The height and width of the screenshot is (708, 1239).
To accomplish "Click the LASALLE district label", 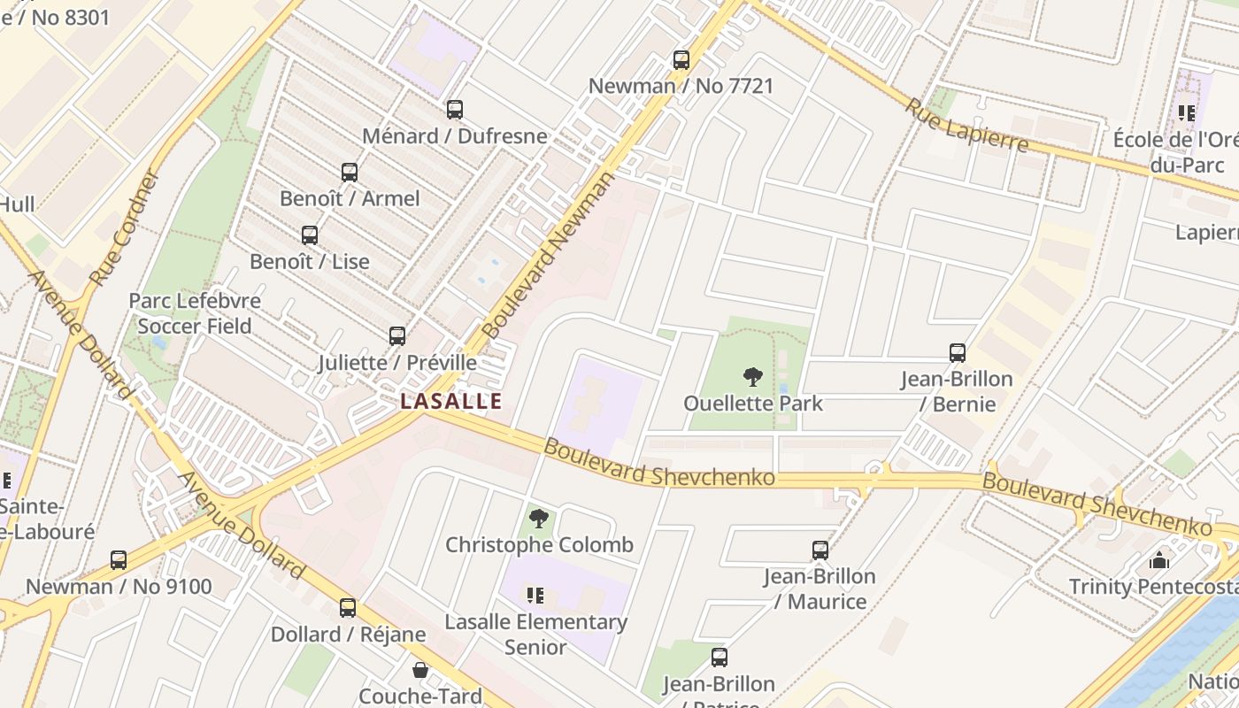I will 451,401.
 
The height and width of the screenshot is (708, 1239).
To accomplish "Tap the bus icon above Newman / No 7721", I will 681,60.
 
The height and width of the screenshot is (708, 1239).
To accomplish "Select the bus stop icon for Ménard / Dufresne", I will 454,110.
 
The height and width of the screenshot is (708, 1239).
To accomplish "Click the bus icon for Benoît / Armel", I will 350,173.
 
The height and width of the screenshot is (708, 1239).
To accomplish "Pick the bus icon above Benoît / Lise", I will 309,235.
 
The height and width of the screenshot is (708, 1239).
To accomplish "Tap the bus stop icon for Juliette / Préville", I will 396,336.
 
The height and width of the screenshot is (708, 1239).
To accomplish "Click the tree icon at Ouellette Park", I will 752,378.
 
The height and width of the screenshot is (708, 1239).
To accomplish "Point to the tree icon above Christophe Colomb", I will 538,519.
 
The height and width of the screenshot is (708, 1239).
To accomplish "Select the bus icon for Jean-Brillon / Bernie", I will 957,353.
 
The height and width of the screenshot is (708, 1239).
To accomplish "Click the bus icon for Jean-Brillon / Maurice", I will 820,550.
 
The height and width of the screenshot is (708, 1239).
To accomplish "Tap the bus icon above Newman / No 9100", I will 119,560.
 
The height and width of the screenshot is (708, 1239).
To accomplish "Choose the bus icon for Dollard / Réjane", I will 348,608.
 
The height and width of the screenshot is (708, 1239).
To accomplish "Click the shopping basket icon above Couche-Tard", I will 420,670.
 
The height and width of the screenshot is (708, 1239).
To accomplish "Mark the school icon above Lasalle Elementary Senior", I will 535,595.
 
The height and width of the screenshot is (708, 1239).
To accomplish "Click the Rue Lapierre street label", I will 966,124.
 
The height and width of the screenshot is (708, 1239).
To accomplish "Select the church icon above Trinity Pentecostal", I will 1158,560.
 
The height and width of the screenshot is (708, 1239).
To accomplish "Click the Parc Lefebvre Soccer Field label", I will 195,313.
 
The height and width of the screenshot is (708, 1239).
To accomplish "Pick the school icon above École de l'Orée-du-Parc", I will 1186,113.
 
